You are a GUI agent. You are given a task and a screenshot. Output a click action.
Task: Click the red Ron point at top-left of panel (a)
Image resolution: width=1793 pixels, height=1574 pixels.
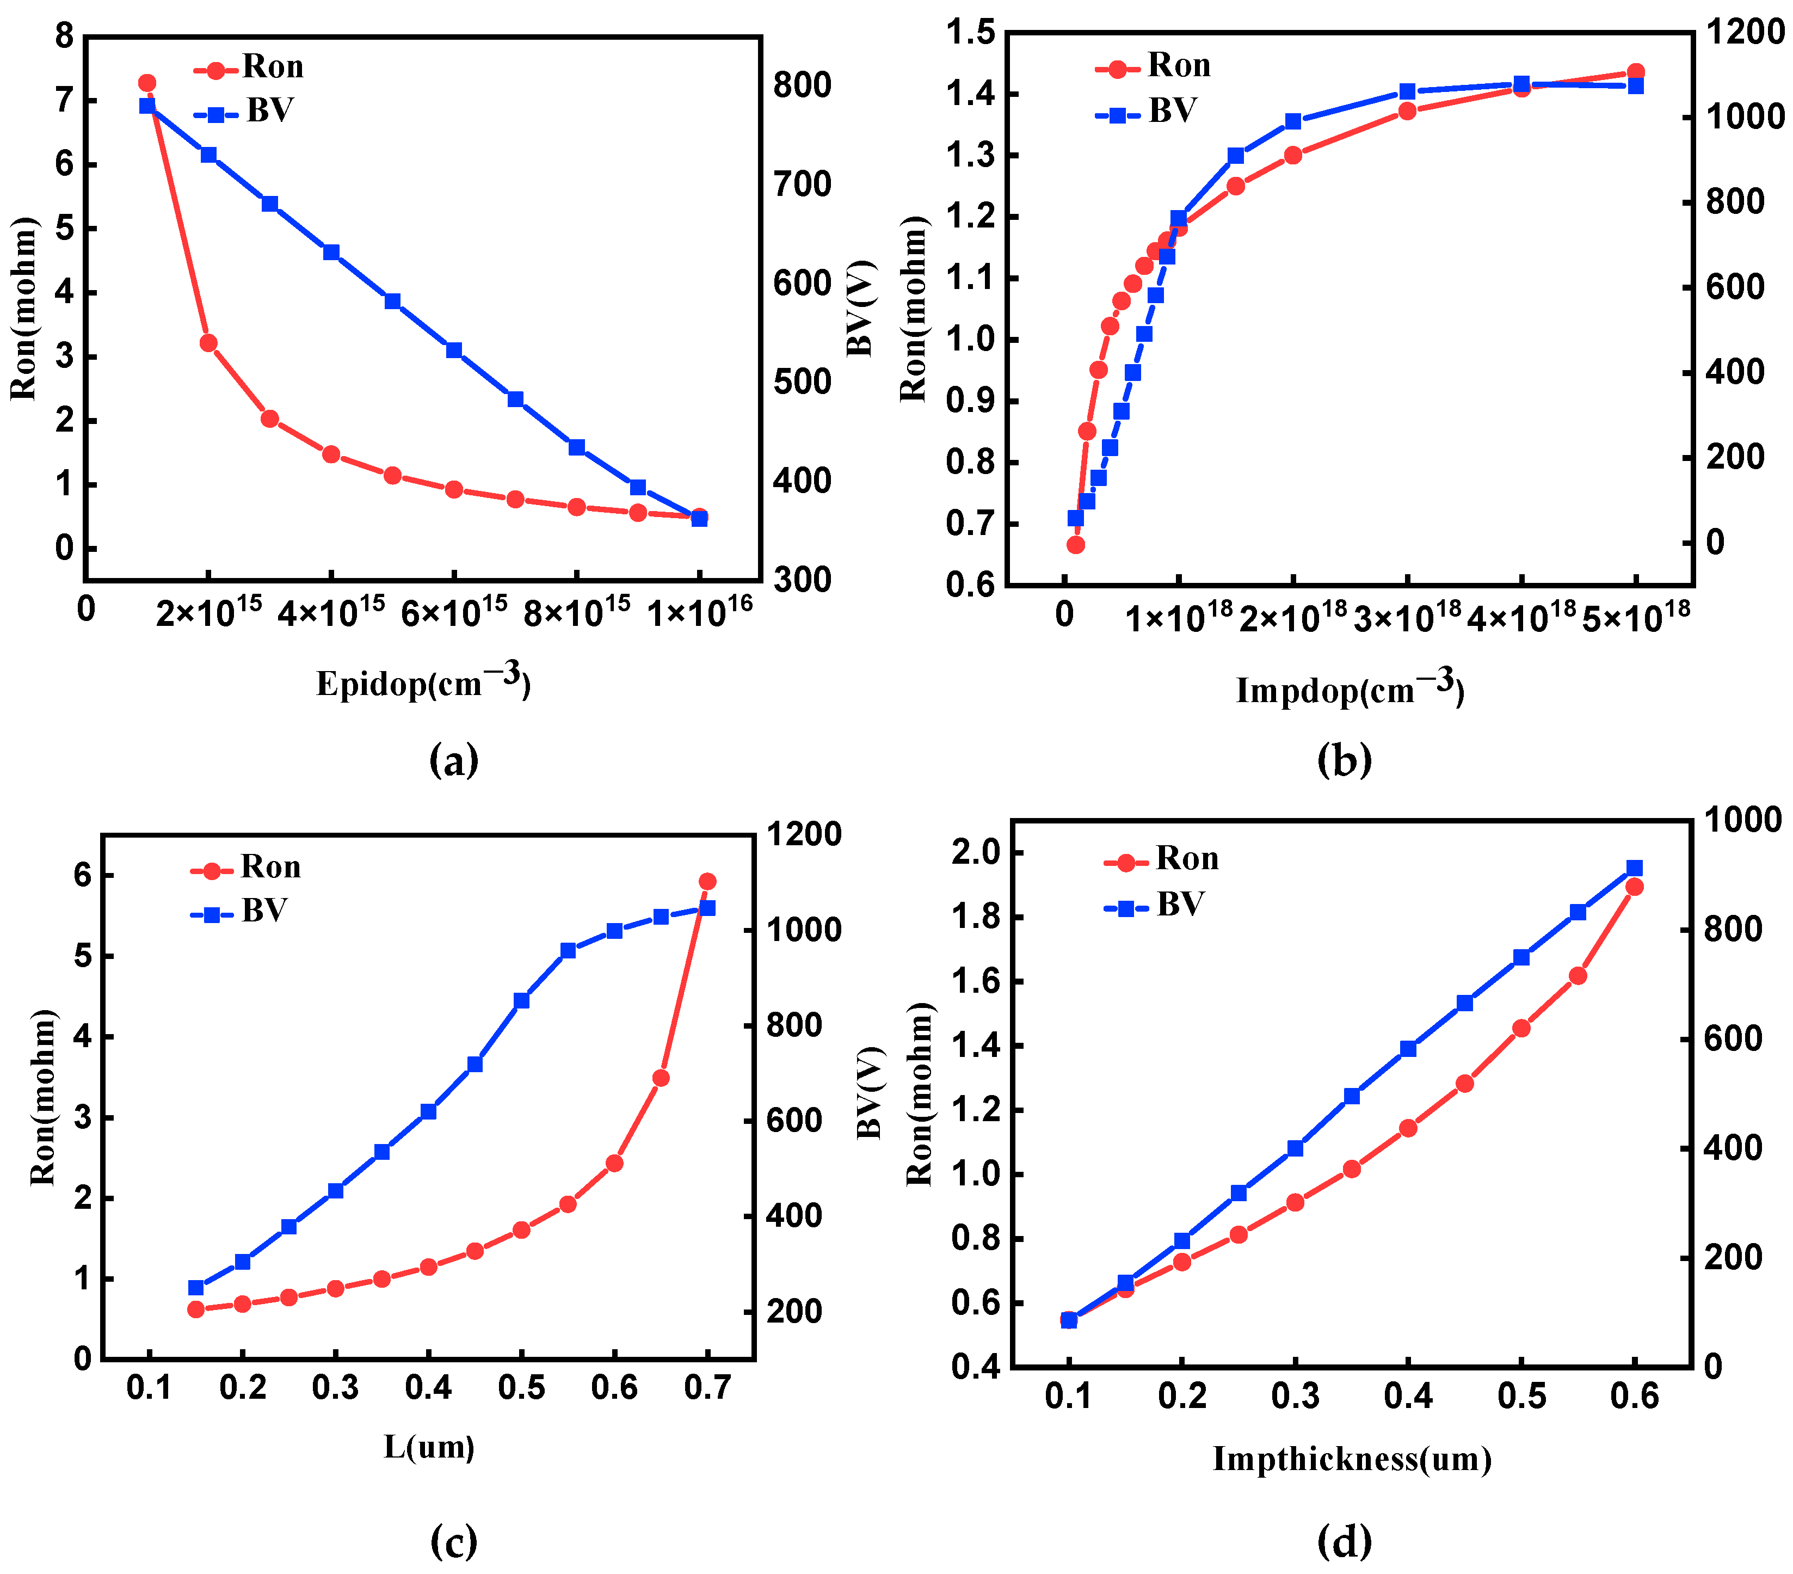click(x=147, y=83)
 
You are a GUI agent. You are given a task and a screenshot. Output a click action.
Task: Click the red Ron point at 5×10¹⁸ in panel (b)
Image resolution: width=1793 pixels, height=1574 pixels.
click(x=1635, y=72)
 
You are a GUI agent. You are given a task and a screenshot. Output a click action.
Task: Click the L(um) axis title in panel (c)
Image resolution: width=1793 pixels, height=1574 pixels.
click(x=429, y=1446)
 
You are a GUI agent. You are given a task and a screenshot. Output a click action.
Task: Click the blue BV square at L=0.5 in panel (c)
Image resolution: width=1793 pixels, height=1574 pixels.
click(x=522, y=1000)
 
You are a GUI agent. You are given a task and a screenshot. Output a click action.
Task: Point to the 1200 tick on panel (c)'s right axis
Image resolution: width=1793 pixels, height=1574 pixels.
click(x=804, y=834)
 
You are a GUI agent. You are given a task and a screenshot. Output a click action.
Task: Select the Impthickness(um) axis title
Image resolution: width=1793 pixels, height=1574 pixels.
click(x=1352, y=1458)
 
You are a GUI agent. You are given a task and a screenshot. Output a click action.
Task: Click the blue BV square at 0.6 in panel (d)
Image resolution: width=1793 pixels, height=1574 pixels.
click(x=1634, y=868)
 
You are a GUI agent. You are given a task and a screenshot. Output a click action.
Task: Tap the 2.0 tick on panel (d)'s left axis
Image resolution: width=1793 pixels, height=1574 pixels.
click(x=976, y=852)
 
